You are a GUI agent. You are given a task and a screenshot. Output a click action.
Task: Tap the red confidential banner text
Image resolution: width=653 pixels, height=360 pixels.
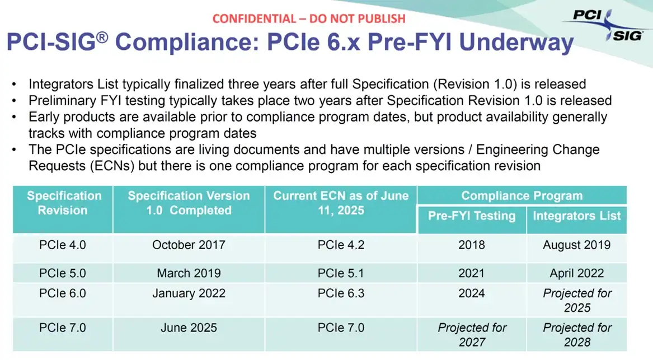(x=309, y=18)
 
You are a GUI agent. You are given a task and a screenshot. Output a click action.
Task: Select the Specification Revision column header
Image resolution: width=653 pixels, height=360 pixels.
(x=64, y=203)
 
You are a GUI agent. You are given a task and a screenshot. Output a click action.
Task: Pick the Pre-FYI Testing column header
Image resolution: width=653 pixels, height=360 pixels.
(x=472, y=216)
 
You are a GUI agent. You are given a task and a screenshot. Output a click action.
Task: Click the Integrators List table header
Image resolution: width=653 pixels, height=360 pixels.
(x=577, y=216)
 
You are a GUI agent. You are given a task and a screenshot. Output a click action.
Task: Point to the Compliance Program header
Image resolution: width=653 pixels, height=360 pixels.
(x=522, y=196)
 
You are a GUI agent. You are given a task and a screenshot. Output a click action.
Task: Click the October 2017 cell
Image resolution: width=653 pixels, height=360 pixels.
(x=189, y=245)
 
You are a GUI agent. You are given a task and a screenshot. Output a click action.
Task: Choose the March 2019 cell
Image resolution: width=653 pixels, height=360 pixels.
(x=189, y=273)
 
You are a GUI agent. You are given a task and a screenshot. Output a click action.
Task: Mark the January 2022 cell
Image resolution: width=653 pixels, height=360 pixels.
(x=189, y=293)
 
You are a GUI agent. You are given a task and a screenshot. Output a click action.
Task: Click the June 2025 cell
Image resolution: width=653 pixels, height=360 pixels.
(x=189, y=328)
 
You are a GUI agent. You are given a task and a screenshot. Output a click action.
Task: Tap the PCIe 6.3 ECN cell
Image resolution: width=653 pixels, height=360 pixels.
(x=341, y=293)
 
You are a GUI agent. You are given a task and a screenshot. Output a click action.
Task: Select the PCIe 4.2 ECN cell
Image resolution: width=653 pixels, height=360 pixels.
(x=341, y=245)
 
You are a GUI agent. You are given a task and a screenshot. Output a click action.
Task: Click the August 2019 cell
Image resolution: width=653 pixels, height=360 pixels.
(x=577, y=245)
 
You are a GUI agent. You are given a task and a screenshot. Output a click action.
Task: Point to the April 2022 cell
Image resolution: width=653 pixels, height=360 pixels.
(x=577, y=273)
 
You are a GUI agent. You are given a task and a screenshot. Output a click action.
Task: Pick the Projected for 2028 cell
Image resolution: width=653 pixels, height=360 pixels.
(x=577, y=335)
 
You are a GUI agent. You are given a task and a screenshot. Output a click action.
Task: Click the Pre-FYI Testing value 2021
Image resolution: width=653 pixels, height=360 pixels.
(x=472, y=273)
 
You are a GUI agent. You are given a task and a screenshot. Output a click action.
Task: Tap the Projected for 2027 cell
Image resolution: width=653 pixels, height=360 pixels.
(x=472, y=335)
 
